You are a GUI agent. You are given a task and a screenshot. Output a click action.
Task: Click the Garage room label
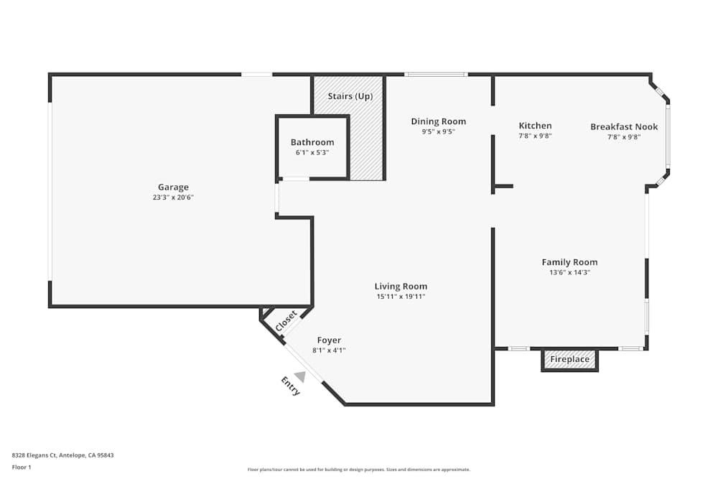[173, 187]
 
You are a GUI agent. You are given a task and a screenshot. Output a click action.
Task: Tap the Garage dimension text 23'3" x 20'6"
[173, 197]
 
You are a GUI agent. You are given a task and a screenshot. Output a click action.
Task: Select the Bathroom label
[312, 142]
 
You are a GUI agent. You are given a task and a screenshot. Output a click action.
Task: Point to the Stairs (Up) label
[350, 96]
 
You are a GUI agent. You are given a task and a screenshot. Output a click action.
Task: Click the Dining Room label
[438, 121]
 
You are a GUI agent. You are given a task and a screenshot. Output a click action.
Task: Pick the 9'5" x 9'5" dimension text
[438, 132]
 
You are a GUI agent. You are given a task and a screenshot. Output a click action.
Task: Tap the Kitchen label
[536, 126]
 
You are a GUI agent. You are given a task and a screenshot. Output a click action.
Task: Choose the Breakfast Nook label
[624, 127]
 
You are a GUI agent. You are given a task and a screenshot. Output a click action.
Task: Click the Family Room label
[569, 262]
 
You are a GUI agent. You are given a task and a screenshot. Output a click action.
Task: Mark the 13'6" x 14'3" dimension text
[569, 272]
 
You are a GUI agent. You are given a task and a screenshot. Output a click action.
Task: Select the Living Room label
[401, 287]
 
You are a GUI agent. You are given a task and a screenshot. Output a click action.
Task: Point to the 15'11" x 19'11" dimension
[401, 297]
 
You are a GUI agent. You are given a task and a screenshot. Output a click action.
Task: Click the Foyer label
[329, 340]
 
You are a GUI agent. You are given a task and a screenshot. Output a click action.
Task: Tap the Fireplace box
[569, 360]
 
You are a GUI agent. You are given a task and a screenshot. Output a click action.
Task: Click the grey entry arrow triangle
[300, 376]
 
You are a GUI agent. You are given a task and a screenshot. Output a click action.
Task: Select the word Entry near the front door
[290, 386]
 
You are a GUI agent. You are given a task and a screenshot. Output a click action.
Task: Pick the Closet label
[286, 321]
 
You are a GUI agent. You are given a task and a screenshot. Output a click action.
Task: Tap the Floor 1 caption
[22, 467]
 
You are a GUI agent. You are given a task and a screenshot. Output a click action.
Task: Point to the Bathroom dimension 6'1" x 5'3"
[312, 152]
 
